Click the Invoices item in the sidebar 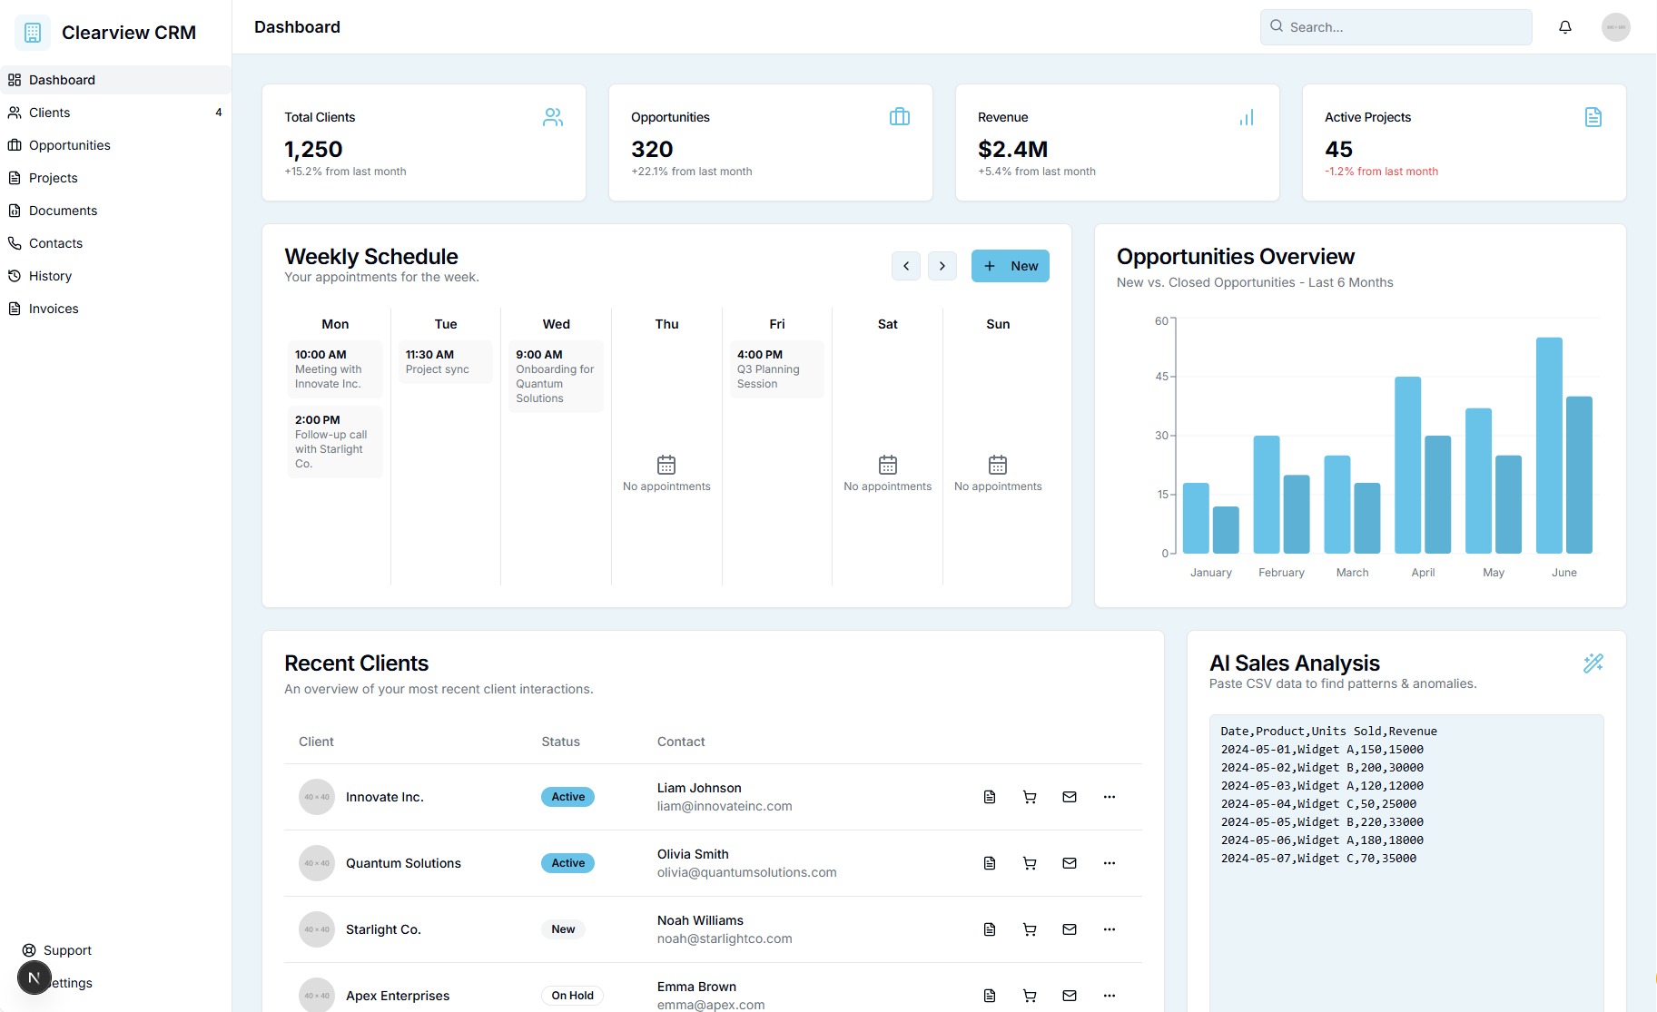pos(54,309)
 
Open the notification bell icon pos(1565,27)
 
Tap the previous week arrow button pos(906,266)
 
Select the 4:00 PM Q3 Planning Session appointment pos(776,369)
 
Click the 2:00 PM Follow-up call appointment pos(334,442)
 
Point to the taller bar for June pos(1549,445)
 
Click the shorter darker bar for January pos(1226,530)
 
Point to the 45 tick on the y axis pos(1162,377)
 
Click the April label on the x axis pos(1423,573)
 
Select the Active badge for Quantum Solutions pos(567,863)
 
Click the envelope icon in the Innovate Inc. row pos(1070,797)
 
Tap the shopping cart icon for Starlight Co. pos(1030,929)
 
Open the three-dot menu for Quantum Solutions pos(1110,863)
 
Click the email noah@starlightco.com pos(725,938)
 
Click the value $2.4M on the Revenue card pos(1012,149)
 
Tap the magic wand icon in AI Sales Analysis pos(1593,663)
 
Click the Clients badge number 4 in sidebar pos(219,113)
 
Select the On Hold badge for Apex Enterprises pos(572,996)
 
